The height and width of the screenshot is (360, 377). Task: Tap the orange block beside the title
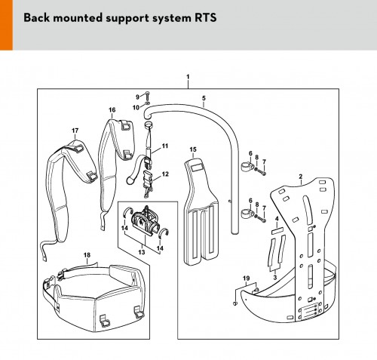coord(6,25)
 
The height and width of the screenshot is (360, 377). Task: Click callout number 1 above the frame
coord(188,77)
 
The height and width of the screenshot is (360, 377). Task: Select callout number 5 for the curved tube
coord(204,98)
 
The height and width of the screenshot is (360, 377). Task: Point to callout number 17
coord(75,131)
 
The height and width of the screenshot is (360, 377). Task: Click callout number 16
coord(112,110)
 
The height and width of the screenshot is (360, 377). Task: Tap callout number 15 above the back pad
coord(193,149)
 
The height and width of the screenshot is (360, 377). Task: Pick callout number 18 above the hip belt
coord(87,255)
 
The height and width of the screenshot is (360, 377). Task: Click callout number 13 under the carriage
coord(142,252)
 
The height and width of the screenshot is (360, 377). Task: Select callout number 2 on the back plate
coord(301,177)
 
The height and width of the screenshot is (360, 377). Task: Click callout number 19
coord(247,278)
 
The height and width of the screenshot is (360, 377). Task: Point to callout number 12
coord(165,174)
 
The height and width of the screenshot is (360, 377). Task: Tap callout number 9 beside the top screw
coord(137,97)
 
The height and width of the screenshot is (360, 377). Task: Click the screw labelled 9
coord(147,96)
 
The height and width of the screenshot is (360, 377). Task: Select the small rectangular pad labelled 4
coord(277,230)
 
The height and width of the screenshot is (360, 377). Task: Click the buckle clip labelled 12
coord(147,183)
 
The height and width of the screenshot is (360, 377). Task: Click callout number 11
coord(165,146)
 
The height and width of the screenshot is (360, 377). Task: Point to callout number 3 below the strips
coord(275,278)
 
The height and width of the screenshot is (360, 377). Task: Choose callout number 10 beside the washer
coord(136,108)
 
